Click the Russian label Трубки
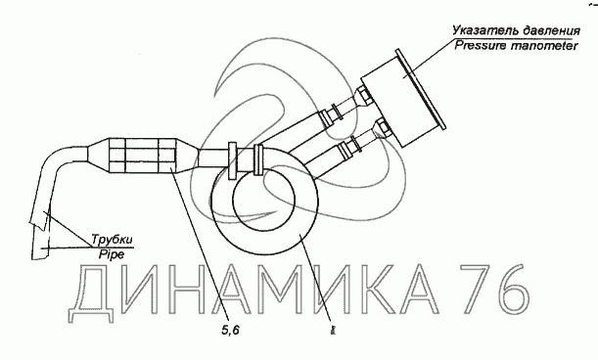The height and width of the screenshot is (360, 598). coord(112,240)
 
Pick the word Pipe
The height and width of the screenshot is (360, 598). coord(112,254)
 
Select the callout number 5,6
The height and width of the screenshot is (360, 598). coord(230,331)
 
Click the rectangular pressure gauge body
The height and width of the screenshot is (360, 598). coord(396,102)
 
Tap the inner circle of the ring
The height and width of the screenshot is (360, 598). coord(263,199)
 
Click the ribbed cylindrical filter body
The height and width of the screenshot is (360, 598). coord(143,154)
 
